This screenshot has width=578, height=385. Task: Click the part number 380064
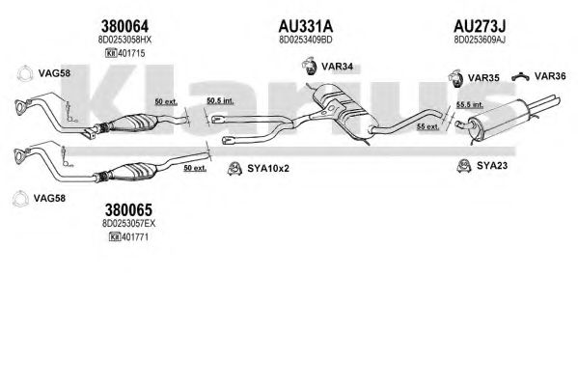tap(124, 26)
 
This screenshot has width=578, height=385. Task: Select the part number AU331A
tap(306, 26)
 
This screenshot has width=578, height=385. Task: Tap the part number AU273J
tap(480, 26)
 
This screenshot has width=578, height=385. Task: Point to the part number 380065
tap(128, 209)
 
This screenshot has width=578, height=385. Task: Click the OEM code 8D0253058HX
tap(124, 40)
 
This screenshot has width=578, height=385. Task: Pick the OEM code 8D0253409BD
tap(306, 40)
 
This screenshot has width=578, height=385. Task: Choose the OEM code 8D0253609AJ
tap(480, 40)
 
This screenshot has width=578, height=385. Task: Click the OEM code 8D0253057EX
tap(128, 224)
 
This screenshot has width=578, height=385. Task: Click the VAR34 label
tap(337, 67)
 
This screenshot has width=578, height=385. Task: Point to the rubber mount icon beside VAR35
tap(456, 78)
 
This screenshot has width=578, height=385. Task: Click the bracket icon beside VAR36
tap(521, 76)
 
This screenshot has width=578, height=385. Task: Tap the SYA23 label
tap(492, 166)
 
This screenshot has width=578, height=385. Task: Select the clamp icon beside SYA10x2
tap(234, 169)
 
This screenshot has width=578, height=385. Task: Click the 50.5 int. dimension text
tap(220, 100)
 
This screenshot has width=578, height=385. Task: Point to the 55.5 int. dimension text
tap(470, 105)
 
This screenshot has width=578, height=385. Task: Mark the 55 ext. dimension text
tap(428, 126)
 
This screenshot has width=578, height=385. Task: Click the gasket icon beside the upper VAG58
tap(25, 73)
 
